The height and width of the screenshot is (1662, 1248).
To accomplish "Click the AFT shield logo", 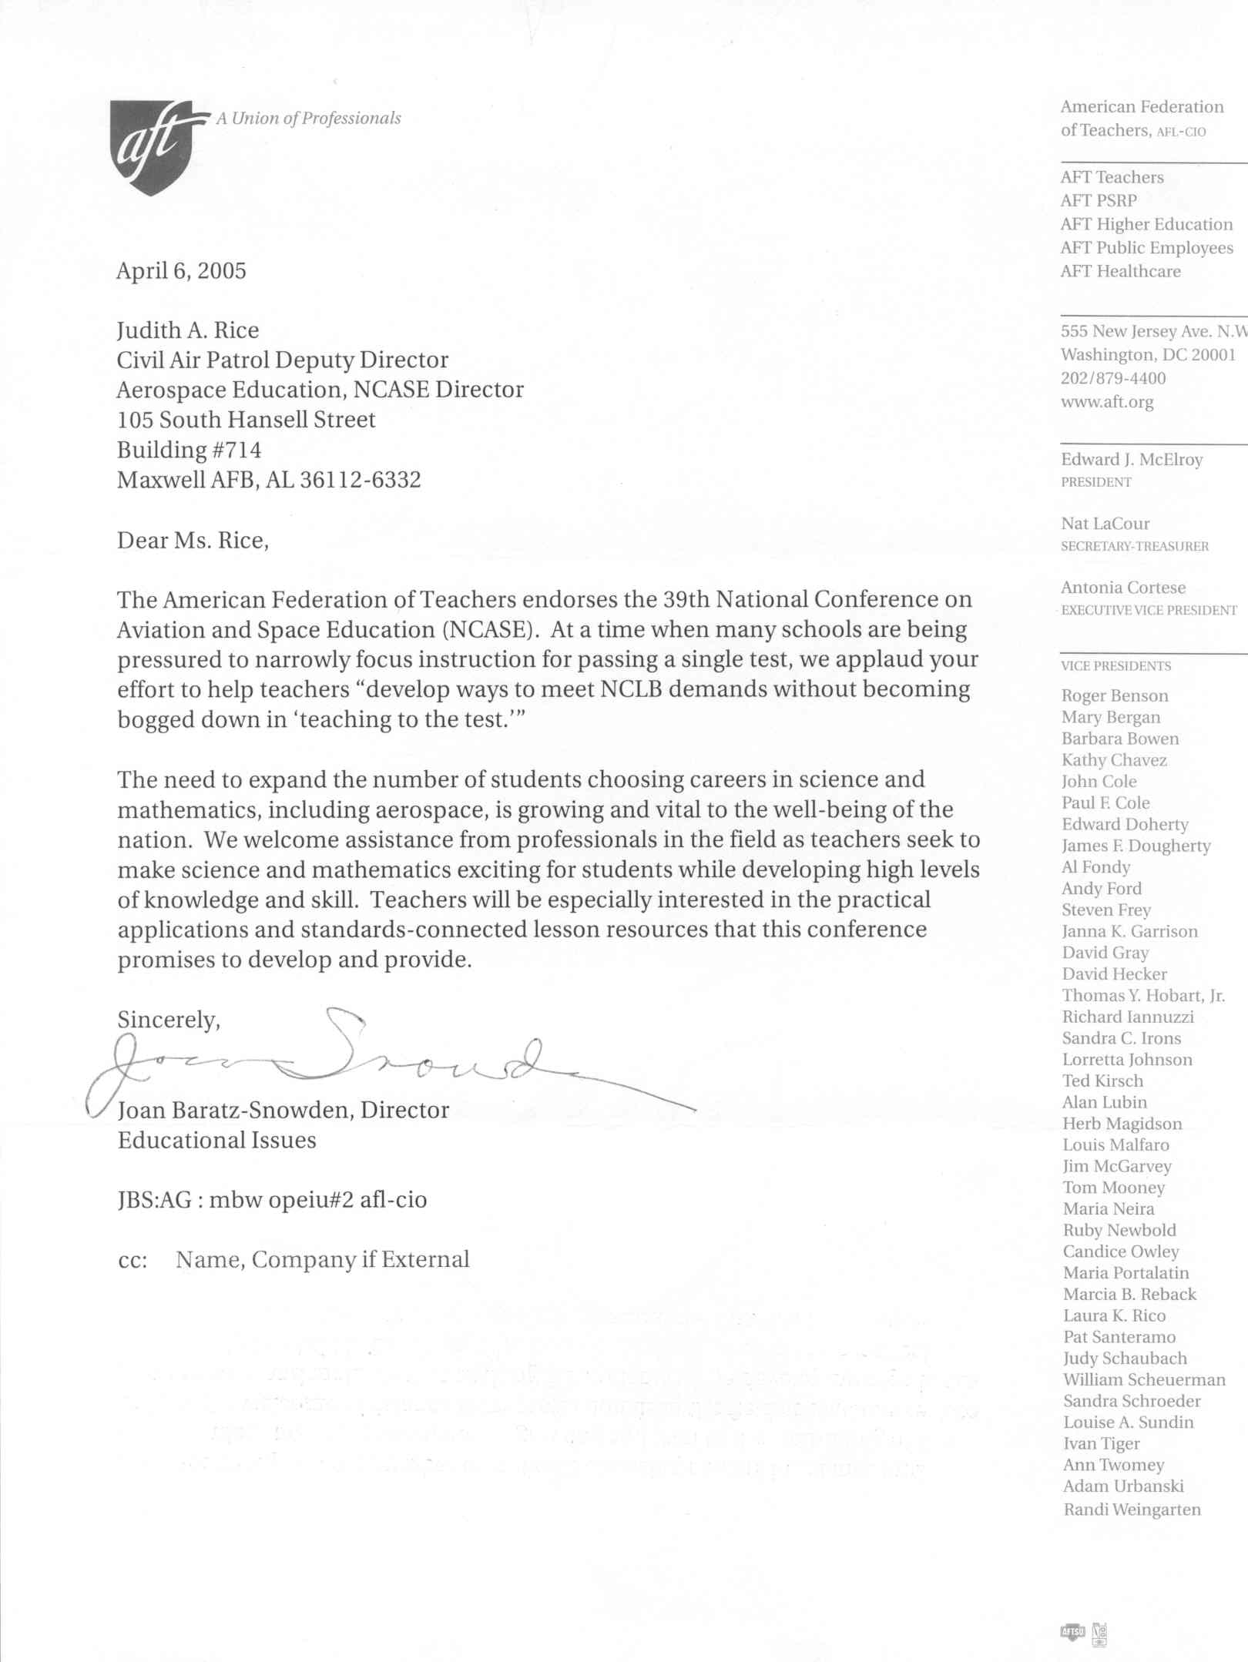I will [x=157, y=146].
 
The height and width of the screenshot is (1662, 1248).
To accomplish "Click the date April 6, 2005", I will [x=181, y=271].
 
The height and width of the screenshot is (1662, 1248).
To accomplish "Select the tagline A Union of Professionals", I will [x=308, y=119].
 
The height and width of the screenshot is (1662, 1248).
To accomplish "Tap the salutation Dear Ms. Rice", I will [x=193, y=541].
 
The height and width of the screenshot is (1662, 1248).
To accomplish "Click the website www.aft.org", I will [x=1107, y=402].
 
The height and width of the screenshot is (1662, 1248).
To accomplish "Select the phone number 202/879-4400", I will [x=1113, y=378].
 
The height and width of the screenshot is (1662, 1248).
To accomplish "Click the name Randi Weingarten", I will [x=1132, y=1510].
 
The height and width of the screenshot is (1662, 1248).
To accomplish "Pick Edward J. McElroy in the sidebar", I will [x=1132, y=460].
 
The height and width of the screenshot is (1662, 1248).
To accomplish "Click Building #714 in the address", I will [x=189, y=450].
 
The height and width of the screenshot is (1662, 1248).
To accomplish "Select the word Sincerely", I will [x=168, y=1020].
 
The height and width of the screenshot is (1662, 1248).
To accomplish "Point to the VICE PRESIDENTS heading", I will [x=1115, y=666].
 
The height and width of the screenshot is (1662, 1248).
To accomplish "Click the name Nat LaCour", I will [x=1105, y=524].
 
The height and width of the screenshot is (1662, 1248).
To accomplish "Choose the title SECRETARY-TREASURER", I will [x=1135, y=546].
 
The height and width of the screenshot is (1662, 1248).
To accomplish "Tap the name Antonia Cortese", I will [x=1123, y=588].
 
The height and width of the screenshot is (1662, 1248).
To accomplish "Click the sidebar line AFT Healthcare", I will [x=1120, y=271].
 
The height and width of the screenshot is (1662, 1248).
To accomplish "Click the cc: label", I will [x=133, y=1261].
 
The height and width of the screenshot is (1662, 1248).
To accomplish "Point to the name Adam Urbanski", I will [x=1123, y=1486].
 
